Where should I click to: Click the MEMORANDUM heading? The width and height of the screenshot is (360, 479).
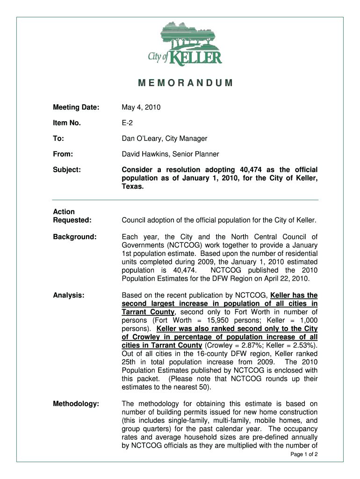tap(185, 84)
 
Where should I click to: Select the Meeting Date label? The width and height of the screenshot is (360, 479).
tap(76, 108)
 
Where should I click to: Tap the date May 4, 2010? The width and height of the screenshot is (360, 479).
tap(141, 108)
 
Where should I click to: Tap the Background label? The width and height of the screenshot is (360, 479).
tap(75, 237)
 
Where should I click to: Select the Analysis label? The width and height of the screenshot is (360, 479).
tap(68, 295)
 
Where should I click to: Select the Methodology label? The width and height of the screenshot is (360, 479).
tap(76, 404)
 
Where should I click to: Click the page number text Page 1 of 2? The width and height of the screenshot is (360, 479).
tap(304, 454)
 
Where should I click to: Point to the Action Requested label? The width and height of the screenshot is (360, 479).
tap(72, 216)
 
